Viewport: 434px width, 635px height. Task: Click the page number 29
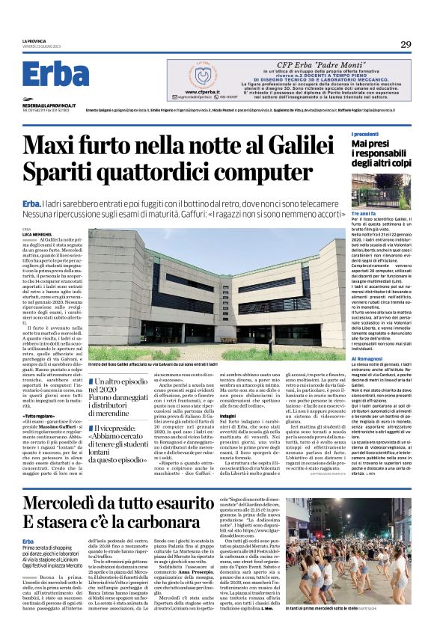tap(406, 45)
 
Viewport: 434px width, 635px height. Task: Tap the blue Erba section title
tap(55, 74)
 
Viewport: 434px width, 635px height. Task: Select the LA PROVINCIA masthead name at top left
tap(34, 41)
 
